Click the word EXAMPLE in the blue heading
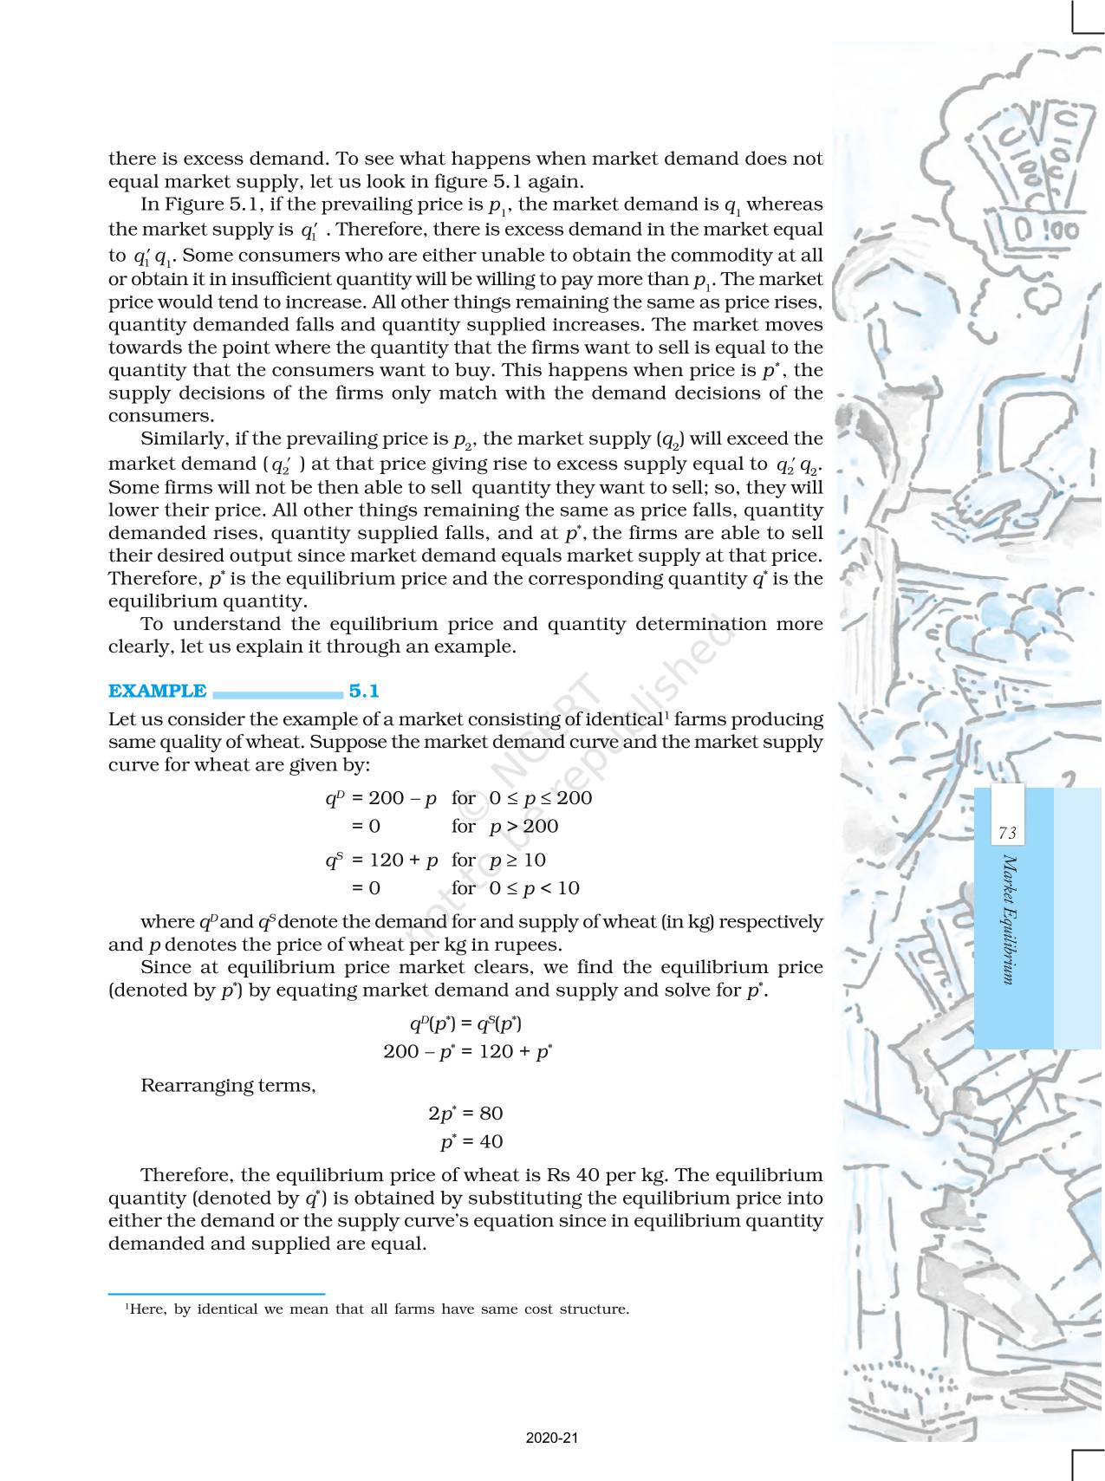pyautogui.click(x=157, y=691)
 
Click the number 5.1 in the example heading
pyautogui.click(x=364, y=691)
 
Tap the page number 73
pyautogui.click(x=1007, y=833)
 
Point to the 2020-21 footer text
pyautogui.click(x=552, y=1438)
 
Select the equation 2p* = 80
pyautogui.click(x=465, y=1113)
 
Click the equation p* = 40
pyautogui.click(x=471, y=1141)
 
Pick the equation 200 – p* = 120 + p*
pyautogui.click(x=468, y=1051)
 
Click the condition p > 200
pyautogui.click(x=523, y=826)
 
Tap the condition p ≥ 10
pyautogui.click(x=517, y=860)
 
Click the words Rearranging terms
pyautogui.click(x=228, y=1085)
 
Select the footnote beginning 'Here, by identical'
pyautogui.click(x=377, y=1309)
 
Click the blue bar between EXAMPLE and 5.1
pyautogui.click(x=277, y=693)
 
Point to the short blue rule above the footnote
pyautogui.click(x=216, y=1293)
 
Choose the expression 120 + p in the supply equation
pyautogui.click(x=403, y=860)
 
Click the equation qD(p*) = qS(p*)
pyautogui.click(x=465, y=1023)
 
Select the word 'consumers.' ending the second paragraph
pyautogui.click(x=160, y=416)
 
